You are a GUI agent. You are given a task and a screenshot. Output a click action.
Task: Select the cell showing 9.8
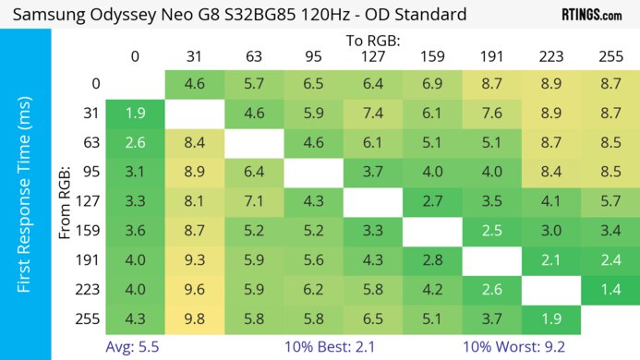coord(195,320)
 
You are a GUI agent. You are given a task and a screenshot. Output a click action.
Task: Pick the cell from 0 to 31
coord(195,83)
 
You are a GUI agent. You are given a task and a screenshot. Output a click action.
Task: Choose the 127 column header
coord(372,56)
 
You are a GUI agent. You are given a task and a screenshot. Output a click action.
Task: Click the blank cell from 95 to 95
coord(313,172)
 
